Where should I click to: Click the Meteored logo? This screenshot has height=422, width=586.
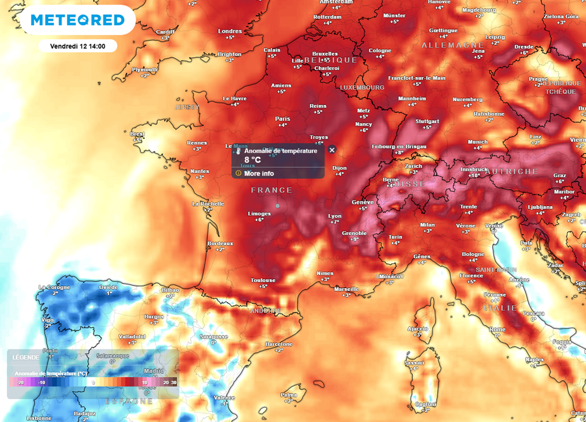pos(77,20)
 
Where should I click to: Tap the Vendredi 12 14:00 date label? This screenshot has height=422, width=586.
pos(78,45)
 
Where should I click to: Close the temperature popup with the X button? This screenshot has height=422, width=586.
pos(332,149)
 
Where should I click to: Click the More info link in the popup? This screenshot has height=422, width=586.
pos(259,173)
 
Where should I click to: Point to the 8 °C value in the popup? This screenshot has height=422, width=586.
pos(252,160)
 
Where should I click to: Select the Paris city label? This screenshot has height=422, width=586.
pos(283,119)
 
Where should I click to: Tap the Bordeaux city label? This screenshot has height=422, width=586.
pos(220,243)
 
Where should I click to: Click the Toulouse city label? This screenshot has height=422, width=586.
pos(263,281)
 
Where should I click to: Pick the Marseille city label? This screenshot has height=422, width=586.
pos(346,289)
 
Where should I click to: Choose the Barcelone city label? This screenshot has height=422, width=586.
pos(279,344)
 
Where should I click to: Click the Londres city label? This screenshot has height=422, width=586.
pos(230,31)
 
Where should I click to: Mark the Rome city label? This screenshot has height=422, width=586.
pos(497,329)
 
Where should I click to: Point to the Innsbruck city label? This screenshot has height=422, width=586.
pos(474,169)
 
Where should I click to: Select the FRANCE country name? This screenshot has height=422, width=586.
pos(272,190)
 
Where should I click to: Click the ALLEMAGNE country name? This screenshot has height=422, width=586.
pos(445,45)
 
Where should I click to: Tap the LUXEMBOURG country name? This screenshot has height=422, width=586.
pos(362,87)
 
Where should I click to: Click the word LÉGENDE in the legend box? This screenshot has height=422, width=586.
pos(26,357)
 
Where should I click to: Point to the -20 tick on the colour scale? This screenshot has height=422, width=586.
pos(20,382)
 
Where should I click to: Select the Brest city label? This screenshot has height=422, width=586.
pos(137,134)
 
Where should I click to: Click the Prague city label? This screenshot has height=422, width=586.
pos(538,79)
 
